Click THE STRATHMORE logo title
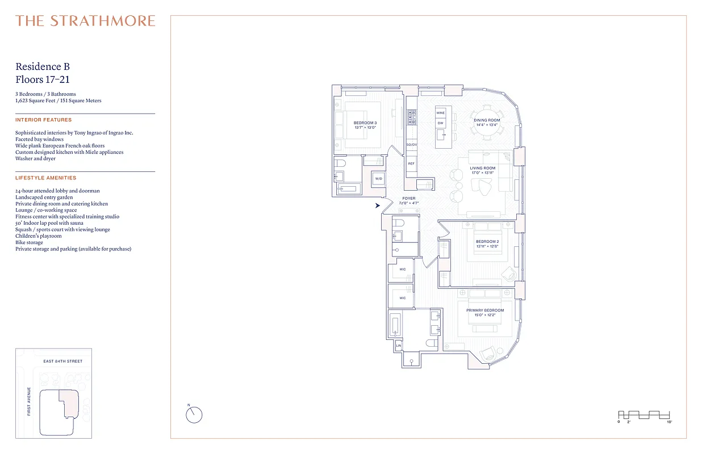pyautogui.click(x=85, y=21)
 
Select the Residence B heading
pyautogui.click(x=43, y=67)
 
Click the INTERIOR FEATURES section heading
pyautogui.click(x=44, y=120)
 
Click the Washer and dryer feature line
pyautogui.click(x=35, y=158)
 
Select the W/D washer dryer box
pyautogui.click(x=379, y=179)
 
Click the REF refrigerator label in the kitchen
pyautogui.click(x=411, y=163)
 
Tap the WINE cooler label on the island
pyautogui.click(x=440, y=113)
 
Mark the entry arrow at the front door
pyautogui.click(x=377, y=205)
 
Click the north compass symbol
pyautogui.click(x=194, y=415)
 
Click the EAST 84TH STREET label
pyautogui.click(x=62, y=361)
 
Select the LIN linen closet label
pyautogui.click(x=398, y=345)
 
